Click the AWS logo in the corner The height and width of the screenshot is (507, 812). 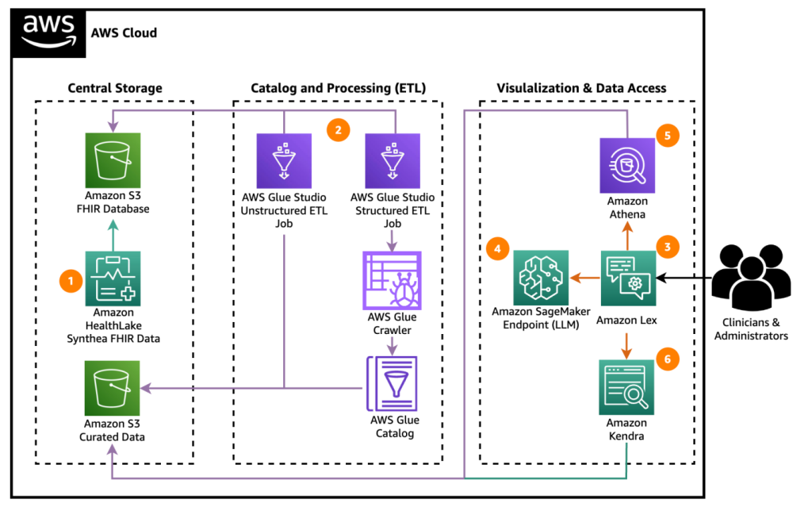click(x=48, y=33)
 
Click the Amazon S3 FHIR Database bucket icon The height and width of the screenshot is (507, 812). click(x=112, y=159)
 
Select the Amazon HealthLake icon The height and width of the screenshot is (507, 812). click(x=112, y=278)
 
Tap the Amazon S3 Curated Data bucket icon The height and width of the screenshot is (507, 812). click(x=112, y=388)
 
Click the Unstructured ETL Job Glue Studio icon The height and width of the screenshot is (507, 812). click(x=284, y=159)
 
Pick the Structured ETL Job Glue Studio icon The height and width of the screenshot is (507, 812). click(x=391, y=159)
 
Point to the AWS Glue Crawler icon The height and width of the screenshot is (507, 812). click(x=391, y=279)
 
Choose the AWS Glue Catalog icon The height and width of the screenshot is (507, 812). click(x=391, y=384)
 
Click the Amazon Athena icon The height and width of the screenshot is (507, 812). click(x=627, y=165)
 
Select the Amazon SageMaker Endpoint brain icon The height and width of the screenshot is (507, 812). click(x=541, y=278)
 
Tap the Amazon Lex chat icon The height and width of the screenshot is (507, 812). click(x=627, y=278)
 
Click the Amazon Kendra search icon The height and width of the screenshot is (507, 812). click(x=627, y=386)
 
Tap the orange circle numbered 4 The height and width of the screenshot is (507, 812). click(x=497, y=248)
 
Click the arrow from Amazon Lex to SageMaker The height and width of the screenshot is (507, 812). click(x=584, y=278)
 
